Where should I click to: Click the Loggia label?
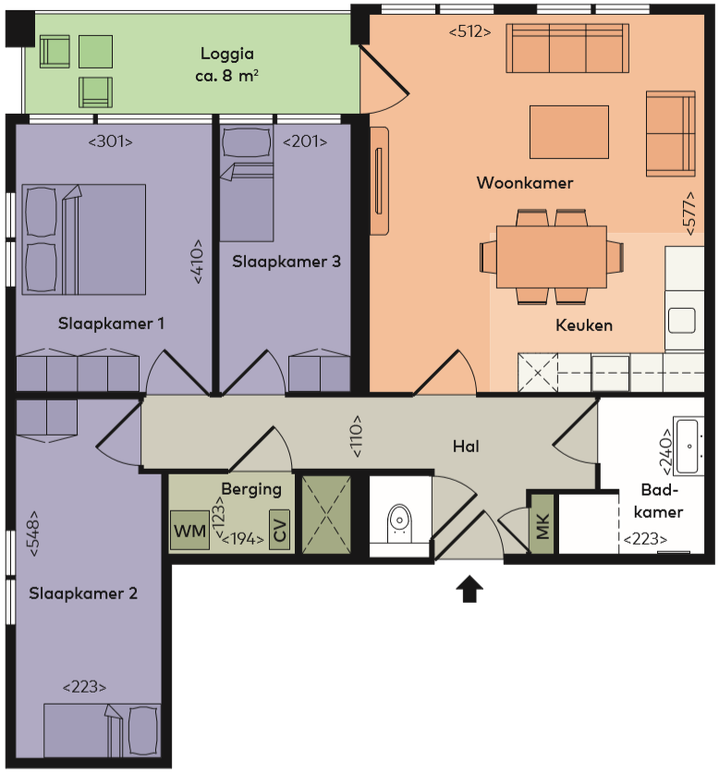(227, 54)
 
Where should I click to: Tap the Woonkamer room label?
(525, 183)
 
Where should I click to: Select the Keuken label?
(584, 325)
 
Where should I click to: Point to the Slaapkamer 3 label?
(286, 262)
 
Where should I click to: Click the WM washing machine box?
(189, 531)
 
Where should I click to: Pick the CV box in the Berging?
(279, 530)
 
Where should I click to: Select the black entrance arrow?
(469, 589)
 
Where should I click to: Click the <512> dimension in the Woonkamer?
(469, 32)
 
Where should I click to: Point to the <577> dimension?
(690, 213)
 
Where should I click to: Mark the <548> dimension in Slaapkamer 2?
(33, 533)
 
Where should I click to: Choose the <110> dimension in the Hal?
(357, 436)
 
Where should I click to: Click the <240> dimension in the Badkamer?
(665, 451)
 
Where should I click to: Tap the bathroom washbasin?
(688, 447)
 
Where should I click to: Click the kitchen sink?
(681, 321)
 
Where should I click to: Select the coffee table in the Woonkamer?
(569, 132)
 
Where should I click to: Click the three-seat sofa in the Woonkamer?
(567, 48)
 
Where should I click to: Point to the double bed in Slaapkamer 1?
(84, 239)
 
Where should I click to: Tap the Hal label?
(466, 447)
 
